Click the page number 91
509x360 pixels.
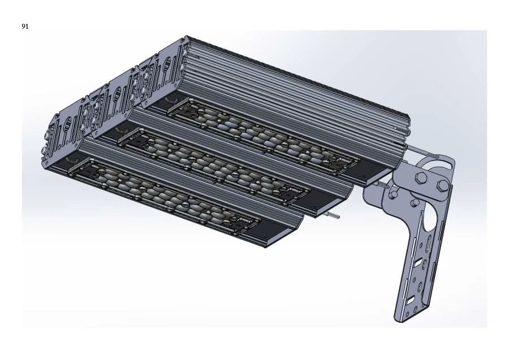pyautogui.click(x=25, y=26)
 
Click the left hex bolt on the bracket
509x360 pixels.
pyautogui.click(x=421, y=180)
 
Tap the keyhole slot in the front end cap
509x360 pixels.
pyautogui.click(x=66, y=127)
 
